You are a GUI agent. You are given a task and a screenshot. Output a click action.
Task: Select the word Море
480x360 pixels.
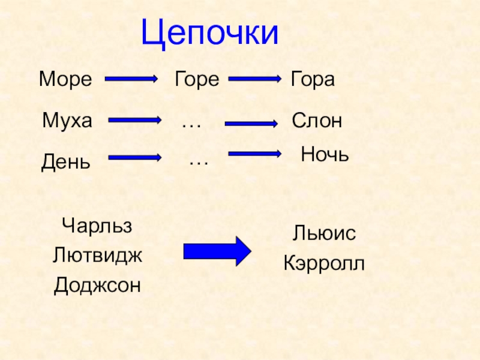[66, 79]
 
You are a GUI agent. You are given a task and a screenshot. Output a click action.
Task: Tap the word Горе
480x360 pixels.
[196, 79]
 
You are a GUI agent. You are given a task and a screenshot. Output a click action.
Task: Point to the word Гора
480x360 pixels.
[312, 79]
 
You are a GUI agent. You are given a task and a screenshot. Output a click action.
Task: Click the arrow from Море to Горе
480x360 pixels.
[131, 79]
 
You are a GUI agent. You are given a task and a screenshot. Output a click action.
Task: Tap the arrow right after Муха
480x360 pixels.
[135, 120]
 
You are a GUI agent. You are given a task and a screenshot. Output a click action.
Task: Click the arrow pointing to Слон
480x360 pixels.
[251, 124]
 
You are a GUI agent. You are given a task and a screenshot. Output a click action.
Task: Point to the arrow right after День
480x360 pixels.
[135, 158]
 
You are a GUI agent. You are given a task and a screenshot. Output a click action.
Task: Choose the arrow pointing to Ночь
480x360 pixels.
[255, 154]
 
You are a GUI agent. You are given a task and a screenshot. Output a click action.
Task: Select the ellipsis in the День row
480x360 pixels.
[199, 162]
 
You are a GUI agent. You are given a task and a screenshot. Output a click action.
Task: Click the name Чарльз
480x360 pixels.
[97, 227]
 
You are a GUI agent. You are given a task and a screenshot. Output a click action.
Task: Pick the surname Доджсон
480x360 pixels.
[97, 284]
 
